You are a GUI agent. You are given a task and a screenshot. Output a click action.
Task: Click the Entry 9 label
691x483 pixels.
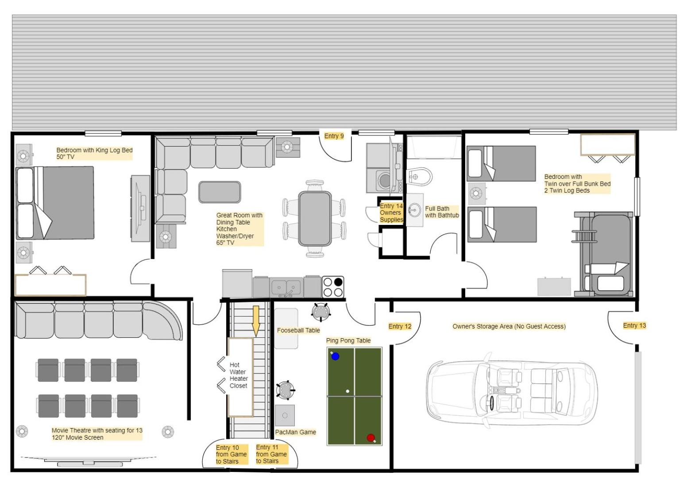click(x=334, y=136)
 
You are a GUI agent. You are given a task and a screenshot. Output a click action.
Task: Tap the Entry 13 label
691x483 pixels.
click(x=634, y=326)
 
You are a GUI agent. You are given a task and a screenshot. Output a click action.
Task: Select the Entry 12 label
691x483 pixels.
click(x=400, y=327)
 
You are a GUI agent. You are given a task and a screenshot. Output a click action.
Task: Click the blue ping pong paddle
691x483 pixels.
click(x=335, y=356)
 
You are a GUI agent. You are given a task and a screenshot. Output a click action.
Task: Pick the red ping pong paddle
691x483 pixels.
click(x=371, y=438)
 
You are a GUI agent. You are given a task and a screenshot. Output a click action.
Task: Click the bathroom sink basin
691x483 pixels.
click(x=414, y=210)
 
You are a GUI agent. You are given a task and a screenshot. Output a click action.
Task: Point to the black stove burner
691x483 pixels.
click(x=338, y=282)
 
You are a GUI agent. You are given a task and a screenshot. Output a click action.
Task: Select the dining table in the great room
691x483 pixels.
click(x=315, y=219)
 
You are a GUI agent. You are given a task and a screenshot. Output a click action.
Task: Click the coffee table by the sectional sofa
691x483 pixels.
click(x=220, y=192)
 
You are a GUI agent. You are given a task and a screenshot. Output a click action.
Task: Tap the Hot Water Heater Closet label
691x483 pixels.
click(x=239, y=375)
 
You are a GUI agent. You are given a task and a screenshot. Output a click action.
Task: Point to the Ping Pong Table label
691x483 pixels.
click(x=348, y=340)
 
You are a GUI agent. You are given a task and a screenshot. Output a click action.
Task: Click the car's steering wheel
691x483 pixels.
click(x=491, y=403)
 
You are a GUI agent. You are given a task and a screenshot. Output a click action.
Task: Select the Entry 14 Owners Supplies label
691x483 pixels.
click(x=391, y=213)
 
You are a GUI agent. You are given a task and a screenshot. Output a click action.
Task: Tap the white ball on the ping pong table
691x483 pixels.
click(x=347, y=391)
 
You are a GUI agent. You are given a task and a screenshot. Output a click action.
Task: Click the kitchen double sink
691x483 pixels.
click(x=286, y=287)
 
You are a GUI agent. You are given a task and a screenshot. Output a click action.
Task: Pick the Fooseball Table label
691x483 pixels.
click(x=298, y=330)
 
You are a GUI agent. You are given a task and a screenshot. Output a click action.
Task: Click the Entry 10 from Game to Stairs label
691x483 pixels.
click(x=232, y=454)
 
